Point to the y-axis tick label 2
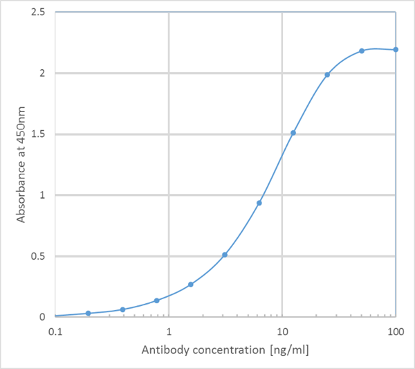(x=43, y=73)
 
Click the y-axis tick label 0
(x=43, y=317)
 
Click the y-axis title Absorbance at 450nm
(x=21, y=165)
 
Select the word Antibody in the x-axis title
(x=164, y=350)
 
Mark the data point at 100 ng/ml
(x=396, y=49)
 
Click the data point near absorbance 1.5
(x=293, y=133)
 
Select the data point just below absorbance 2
(x=327, y=75)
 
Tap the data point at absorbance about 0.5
(x=225, y=255)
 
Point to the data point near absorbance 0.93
(x=259, y=203)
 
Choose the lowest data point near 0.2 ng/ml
(x=89, y=314)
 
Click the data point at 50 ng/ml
(x=362, y=51)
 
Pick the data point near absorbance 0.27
(x=191, y=285)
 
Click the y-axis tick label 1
(x=43, y=195)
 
